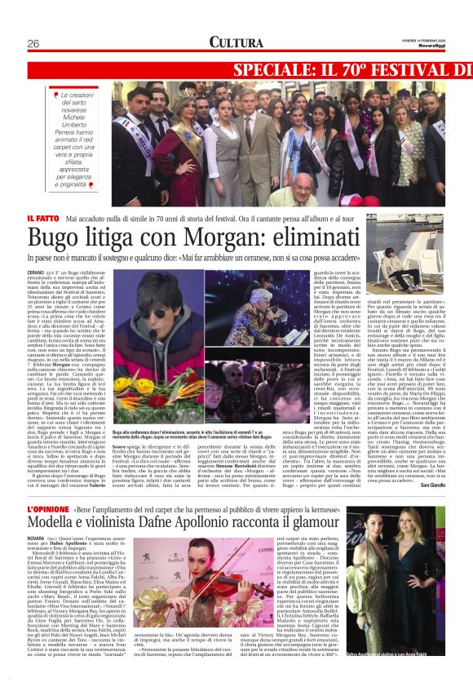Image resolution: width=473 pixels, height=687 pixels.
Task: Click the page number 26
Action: click(33, 43)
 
